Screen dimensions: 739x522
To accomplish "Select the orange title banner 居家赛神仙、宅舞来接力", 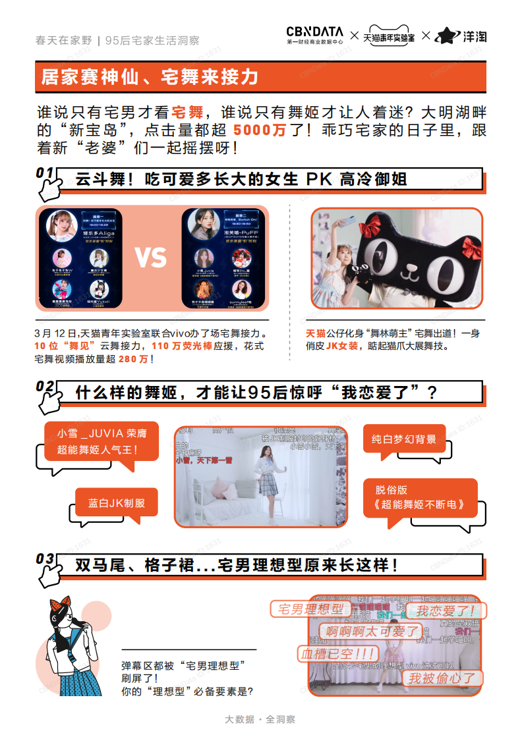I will pyautogui.click(x=149, y=77).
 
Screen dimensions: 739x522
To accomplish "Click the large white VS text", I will pyautogui.click(x=151, y=258).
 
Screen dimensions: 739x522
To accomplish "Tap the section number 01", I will pyautogui.click(x=45, y=173).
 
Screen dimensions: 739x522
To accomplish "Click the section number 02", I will pyautogui.click(x=45, y=386).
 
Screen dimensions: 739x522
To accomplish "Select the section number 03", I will pyautogui.click(x=45, y=559).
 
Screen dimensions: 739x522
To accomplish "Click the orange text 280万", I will pyautogui.click(x=134, y=359).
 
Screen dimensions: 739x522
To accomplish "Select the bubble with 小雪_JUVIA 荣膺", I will pyautogui.click(x=101, y=441).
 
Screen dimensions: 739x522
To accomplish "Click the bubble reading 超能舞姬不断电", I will pyautogui.click(x=420, y=498).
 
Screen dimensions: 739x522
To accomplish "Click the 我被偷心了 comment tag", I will pyautogui.click(x=442, y=678).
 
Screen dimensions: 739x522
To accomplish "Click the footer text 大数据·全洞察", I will pyautogui.click(x=260, y=719).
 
